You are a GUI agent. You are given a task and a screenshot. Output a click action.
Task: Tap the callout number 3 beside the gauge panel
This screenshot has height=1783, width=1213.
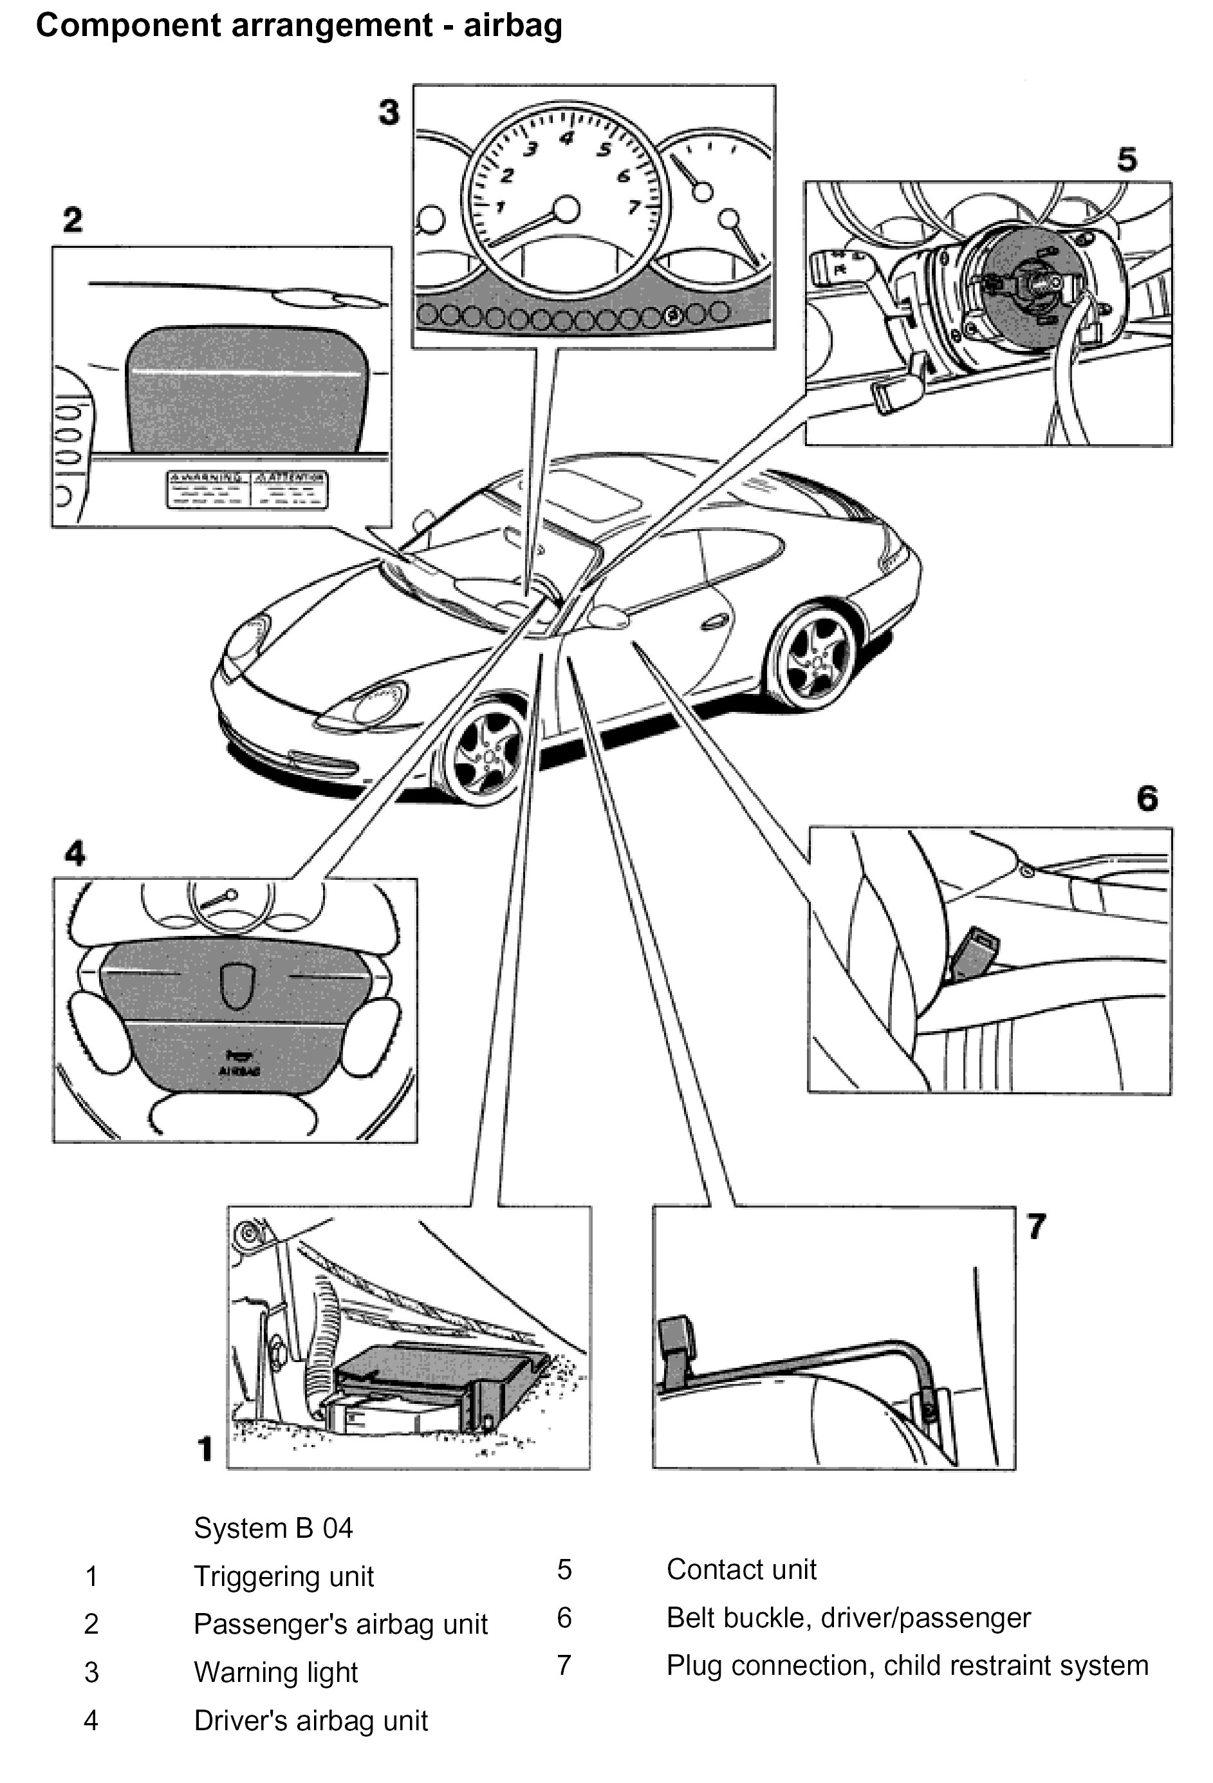pos(389,112)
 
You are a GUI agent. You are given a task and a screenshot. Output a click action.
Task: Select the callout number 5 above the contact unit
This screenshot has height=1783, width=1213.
pos(1126,160)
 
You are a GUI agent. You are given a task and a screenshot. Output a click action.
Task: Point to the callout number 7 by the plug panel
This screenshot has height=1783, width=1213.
pos(1036,1226)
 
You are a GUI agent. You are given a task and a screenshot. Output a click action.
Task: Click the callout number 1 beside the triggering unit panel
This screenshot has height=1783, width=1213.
pos(204,1448)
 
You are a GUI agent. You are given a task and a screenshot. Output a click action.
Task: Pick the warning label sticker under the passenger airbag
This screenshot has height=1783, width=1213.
pos(247,489)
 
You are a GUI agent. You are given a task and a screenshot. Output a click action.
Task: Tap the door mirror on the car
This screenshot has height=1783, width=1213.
pos(609,615)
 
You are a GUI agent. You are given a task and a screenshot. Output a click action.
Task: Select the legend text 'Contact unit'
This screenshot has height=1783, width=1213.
pos(741,1569)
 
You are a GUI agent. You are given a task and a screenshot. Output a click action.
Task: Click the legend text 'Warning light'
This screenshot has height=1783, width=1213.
pos(275,1672)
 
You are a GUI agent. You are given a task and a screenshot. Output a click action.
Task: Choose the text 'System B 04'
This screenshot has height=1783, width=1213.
pos(273,1527)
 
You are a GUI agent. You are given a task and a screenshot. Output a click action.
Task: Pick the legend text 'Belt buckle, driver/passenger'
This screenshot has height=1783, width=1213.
pos(847,1618)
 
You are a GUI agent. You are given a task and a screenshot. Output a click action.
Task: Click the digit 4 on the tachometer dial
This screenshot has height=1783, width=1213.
pos(566,138)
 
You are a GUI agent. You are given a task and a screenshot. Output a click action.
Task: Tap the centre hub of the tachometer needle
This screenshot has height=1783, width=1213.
pos(566,208)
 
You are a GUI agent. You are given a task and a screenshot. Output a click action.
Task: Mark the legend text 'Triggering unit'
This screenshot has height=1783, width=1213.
pos(283,1576)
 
